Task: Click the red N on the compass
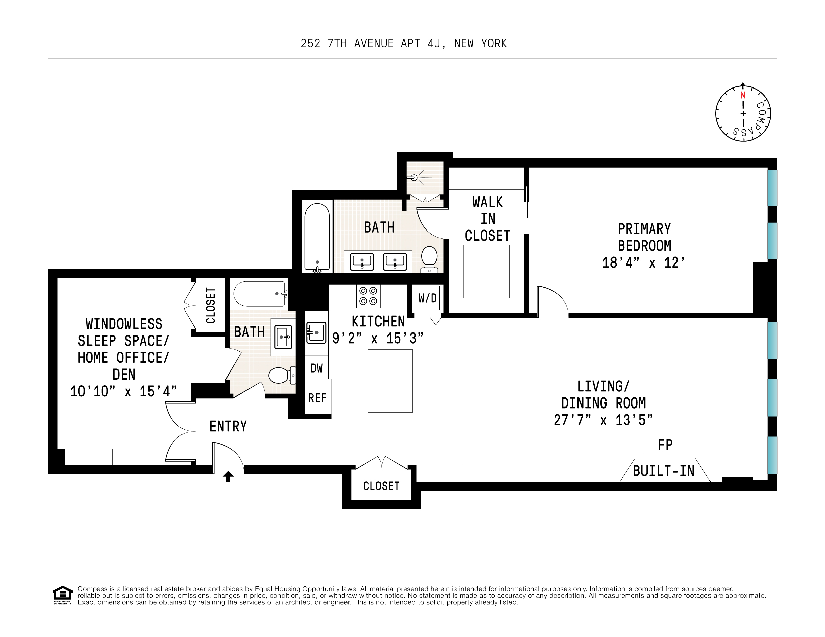(742, 95)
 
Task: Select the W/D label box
(428, 298)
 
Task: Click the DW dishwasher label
(317, 368)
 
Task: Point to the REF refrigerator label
(317, 398)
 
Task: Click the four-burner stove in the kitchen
(368, 296)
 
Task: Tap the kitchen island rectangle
(390, 381)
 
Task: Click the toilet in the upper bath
(429, 259)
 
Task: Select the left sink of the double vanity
(362, 262)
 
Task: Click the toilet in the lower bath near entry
(282, 375)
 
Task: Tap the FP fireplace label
(665, 445)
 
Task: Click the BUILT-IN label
(664, 471)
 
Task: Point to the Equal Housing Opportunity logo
(62, 595)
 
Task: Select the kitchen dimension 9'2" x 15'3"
(378, 338)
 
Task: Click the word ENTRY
(228, 426)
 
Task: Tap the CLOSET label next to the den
(210, 306)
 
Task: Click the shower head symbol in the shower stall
(415, 177)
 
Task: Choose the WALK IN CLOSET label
(487, 219)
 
